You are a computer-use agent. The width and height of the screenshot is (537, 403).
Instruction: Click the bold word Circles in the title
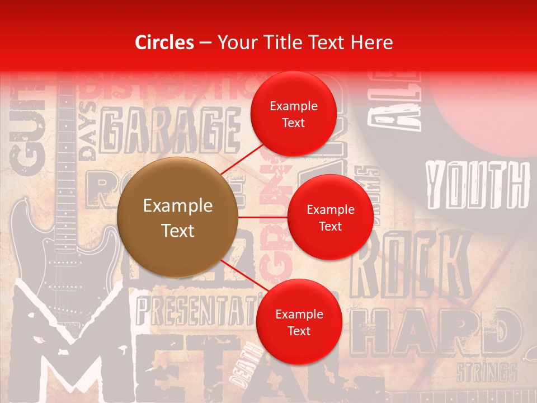coord(164,43)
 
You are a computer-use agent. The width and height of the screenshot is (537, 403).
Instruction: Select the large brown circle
coord(177,218)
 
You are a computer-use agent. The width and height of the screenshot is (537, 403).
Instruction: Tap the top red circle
coord(294,114)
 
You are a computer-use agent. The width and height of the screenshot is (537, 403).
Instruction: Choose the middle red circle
coord(330,217)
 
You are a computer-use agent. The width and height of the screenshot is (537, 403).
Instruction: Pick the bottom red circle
coord(299,322)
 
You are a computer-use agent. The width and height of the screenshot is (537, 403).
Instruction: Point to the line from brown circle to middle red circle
coord(262,217)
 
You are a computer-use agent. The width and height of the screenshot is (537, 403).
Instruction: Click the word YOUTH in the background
coord(477,184)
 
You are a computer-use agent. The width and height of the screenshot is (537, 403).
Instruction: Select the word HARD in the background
coord(436,332)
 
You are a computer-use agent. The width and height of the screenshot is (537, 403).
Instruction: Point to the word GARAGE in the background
coord(168,132)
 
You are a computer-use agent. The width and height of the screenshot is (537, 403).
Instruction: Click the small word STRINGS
coord(486,372)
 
